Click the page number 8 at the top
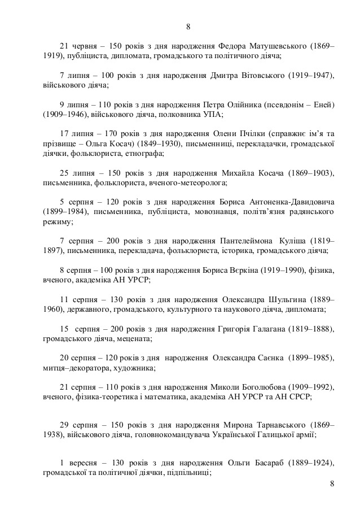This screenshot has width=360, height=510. (x=188, y=27)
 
